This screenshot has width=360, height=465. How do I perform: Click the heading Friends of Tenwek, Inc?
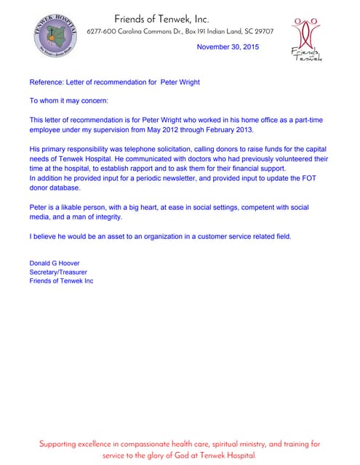161,19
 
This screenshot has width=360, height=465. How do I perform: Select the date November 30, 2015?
228,47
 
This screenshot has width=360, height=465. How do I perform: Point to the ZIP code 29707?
262,32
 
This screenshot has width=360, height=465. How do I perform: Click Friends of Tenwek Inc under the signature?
61,280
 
